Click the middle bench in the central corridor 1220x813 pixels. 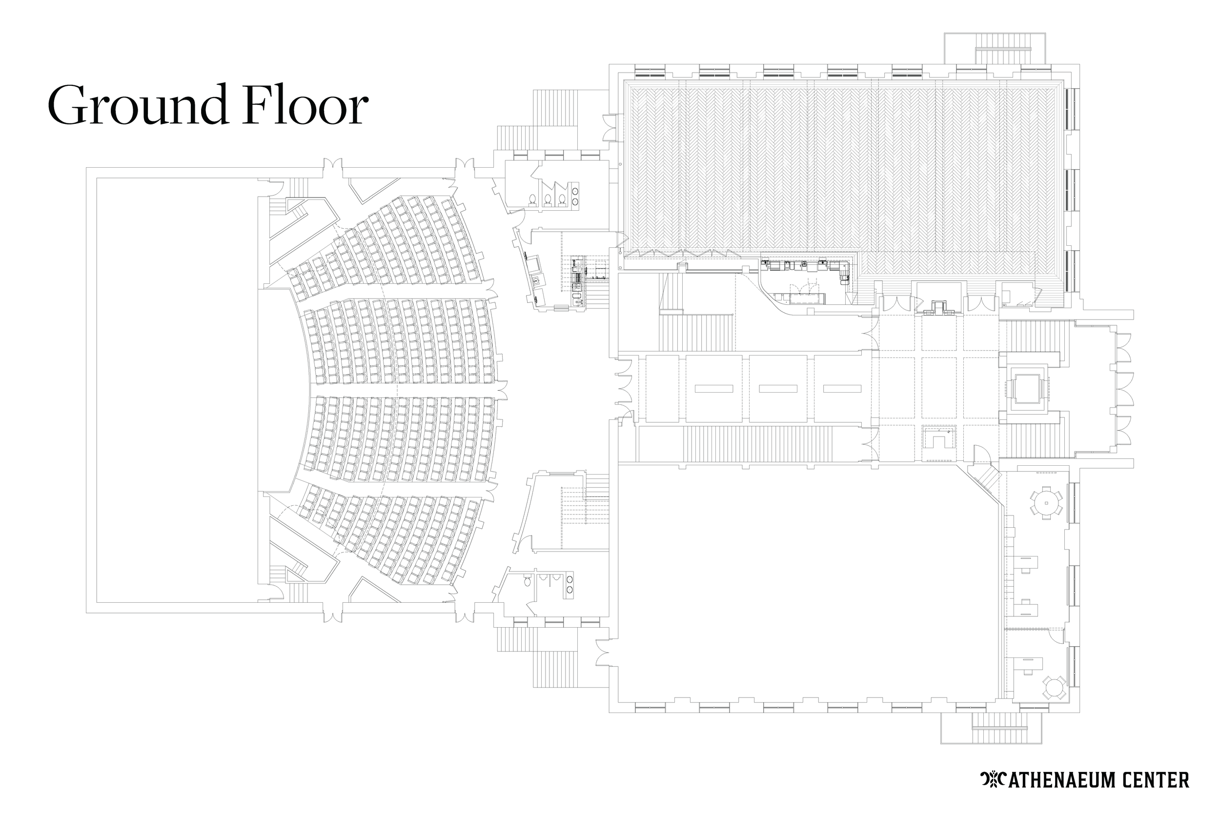click(777, 388)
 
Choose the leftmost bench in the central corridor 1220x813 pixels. click(714, 388)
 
